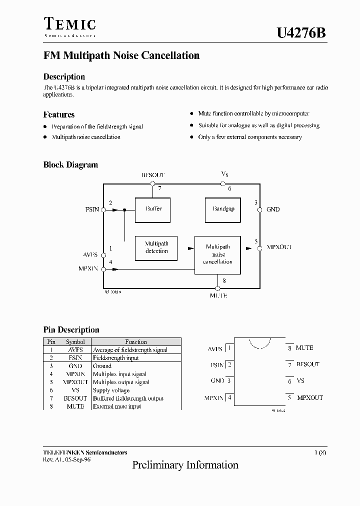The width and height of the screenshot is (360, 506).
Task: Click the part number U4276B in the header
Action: (x=301, y=33)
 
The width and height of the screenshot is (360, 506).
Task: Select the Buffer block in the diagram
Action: (x=153, y=209)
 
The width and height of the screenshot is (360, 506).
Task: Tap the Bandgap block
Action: (x=223, y=209)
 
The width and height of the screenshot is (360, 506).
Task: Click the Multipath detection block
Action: (x=156, y=247)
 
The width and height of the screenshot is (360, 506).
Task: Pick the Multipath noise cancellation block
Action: (x=217, y=254)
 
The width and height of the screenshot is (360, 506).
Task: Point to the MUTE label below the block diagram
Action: (x=218, y=296)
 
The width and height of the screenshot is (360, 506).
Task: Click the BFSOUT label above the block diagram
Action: (x=152, y=175)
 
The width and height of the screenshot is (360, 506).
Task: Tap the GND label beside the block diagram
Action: (x=273, y=209)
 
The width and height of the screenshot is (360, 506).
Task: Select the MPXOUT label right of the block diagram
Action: (x=279, y=247)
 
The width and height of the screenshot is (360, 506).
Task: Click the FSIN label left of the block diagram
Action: (x=92, y=209)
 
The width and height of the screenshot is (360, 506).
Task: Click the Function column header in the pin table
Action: (x=136, y=342)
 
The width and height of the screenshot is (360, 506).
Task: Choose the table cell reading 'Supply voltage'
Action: (x=111, y=390)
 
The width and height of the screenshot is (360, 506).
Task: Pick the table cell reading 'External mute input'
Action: (x=117, y=406)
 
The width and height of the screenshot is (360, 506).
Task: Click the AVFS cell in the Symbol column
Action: (x=75, y=350)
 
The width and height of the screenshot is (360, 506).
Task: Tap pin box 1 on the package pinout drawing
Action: (x=229, y=348)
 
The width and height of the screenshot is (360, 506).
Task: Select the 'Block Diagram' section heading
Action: (x=70, y=165)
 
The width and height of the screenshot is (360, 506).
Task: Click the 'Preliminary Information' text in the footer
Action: (x=185, y=465)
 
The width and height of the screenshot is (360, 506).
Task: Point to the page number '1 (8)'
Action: (x=320, y=452)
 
